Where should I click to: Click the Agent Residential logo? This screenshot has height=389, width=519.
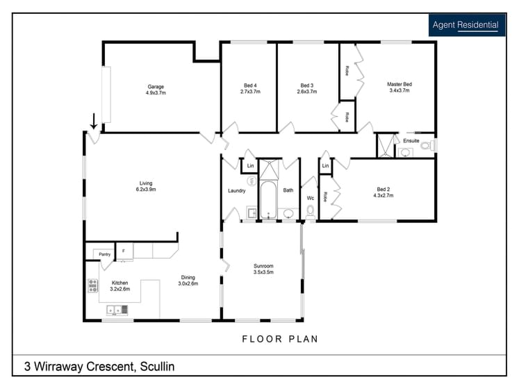pyautogui.click(x=467, y=25)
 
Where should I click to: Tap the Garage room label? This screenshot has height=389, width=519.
pyautogui.click(x=156, y=87)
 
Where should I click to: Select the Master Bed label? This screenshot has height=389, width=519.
pyautogui.click(x=399, y=84)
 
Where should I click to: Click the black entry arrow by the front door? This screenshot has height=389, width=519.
pyautogui.click(x=94, y=121)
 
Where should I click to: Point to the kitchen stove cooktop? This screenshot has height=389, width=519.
pyautogui.click(x=92, y=285)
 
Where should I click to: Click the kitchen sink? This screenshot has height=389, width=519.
pyautogui.click(x=117, y=310)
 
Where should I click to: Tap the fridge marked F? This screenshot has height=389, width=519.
pyautogui.click(x=125, y=251)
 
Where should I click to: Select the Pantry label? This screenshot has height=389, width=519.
pyautogui.click(x=105, y=254)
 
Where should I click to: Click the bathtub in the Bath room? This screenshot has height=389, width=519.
pyautogui.click(x=268, y=200)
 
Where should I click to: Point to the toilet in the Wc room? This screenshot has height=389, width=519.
pyautogui.click(x=311, y=211)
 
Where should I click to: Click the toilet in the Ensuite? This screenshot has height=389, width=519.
pyautogui.click(x=428, y=145)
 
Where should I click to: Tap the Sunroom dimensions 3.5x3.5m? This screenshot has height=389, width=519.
pyautogui.click(x=263, y=272)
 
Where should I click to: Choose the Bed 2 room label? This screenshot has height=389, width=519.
pyautogui.click(x=384, y=190)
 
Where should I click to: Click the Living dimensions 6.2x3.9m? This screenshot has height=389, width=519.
pyautogui.click(x=146, y=190)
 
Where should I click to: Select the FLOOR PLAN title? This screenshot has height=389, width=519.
pyautogui.click(x=280, y=339)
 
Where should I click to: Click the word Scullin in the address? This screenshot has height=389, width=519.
pyautogui.click(x=157, y=367)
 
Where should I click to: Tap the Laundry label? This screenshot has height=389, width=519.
pyautogui.click(x=237, y=191)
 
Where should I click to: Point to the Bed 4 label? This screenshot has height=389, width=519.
pyautogui.click(x=250, y=85)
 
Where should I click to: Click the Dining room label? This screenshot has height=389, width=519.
pyautogui.click(x=188, y=277)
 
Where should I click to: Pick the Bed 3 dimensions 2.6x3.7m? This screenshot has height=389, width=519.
pyautogui.click(x=307, y=92)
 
